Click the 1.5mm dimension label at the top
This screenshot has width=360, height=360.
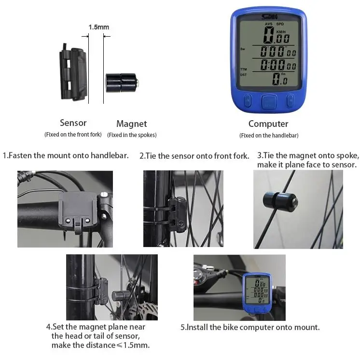99,27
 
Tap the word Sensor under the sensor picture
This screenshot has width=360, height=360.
73,123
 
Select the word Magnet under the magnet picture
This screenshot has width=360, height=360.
132,124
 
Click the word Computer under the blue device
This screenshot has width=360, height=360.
268,124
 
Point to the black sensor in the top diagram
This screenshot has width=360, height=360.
73,72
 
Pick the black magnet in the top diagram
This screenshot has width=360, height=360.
122,83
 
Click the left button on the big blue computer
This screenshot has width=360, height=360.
248,100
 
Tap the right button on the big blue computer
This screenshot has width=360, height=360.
290,100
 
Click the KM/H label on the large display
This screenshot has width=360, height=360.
281,32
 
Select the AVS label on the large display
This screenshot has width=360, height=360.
269,24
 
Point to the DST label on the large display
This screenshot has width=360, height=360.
243,75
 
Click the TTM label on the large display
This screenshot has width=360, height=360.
243,69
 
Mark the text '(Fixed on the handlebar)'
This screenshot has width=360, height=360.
269,136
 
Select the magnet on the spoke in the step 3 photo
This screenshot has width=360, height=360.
280,202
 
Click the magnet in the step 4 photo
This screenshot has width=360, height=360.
121,296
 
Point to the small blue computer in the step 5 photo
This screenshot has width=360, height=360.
257,293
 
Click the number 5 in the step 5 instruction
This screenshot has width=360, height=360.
182,327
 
